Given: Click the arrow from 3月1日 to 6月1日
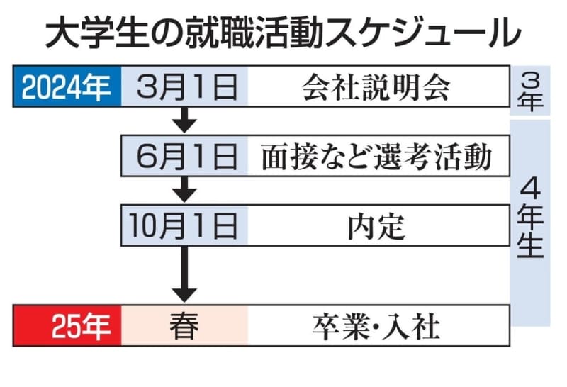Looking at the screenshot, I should pyautogui.click(x=185, y=120).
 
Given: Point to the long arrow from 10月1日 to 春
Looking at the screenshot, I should pyautogui.click(x=185, y=273).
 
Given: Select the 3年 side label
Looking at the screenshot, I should pyautogui.click(x=530, y=90).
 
